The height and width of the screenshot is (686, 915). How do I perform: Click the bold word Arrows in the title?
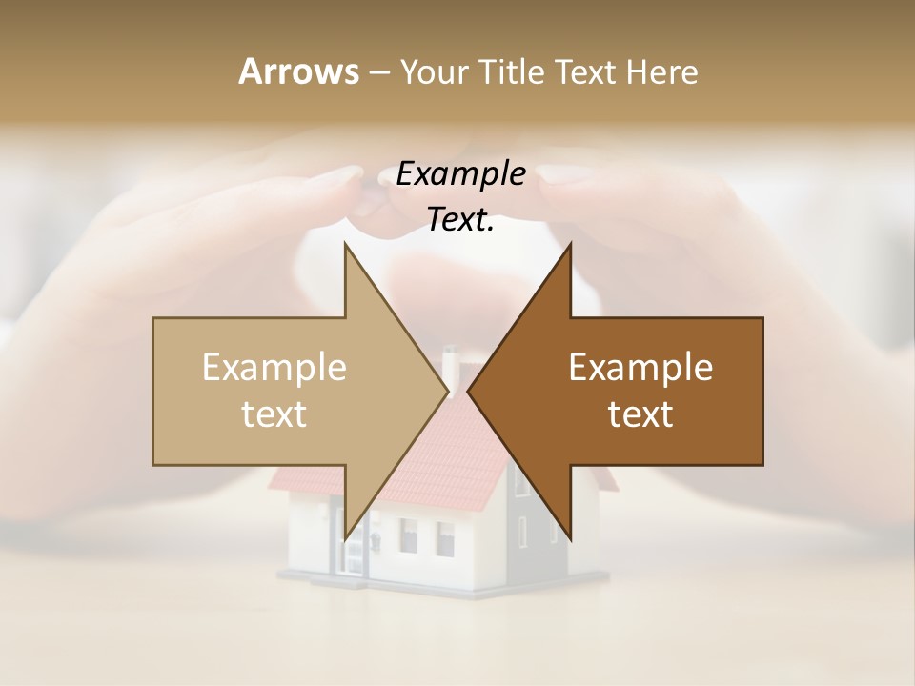click(298, 71)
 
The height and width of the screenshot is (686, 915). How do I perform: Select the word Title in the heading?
click(510, 72)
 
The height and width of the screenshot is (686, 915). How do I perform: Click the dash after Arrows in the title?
click(378, 72)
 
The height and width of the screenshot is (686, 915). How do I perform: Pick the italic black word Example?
click(460, 174)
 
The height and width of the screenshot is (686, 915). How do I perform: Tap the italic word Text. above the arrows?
click(460, 220)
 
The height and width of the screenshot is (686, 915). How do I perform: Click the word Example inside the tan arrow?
click(274, 367)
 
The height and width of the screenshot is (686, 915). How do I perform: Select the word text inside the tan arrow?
click(274, 414)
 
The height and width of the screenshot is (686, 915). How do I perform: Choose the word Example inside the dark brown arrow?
click(640, 367)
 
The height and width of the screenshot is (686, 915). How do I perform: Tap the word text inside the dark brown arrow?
click(640, 414)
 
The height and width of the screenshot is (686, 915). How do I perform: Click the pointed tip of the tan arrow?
click(446, 391)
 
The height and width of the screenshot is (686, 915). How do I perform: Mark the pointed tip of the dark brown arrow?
click(469, 391)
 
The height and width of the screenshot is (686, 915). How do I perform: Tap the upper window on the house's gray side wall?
click(523, 480)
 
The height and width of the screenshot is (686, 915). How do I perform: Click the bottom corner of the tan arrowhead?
click(345, 538)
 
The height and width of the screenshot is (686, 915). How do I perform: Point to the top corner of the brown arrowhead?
click(570, 245)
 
